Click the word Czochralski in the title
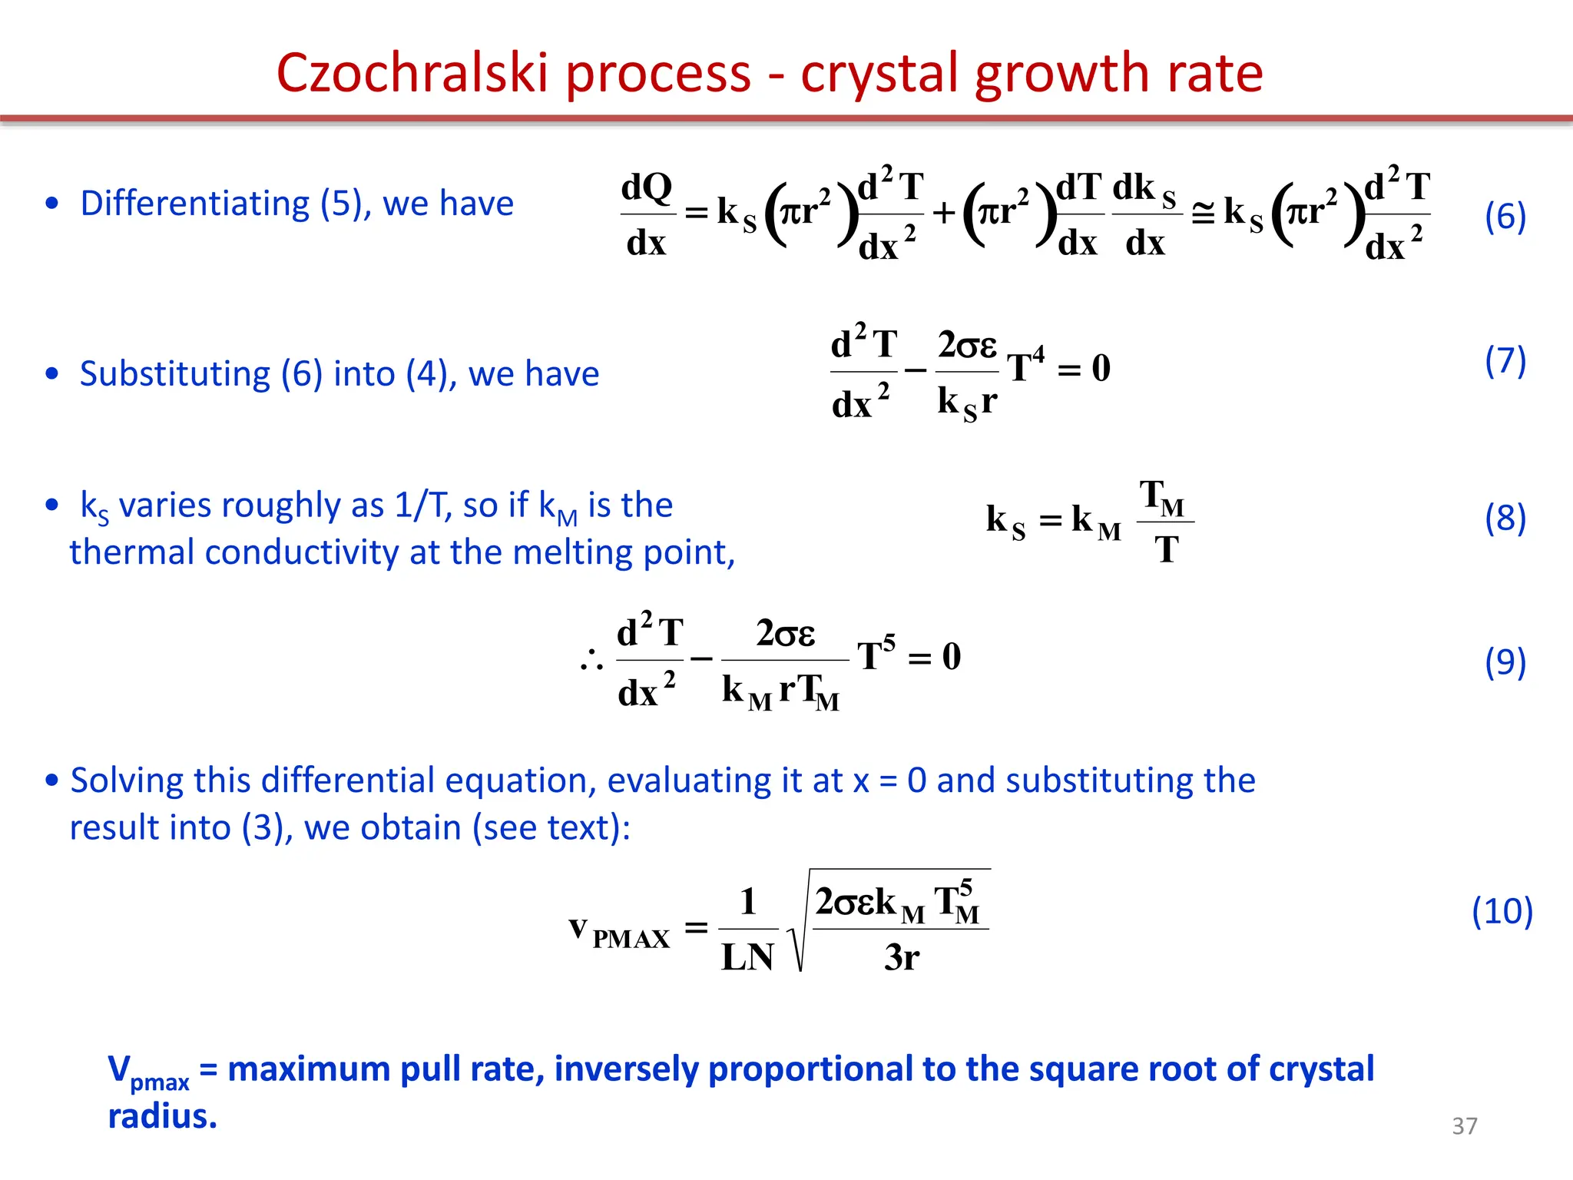tap(413, 74)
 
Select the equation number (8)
tap(1505, 518)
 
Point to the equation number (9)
tap(1505, 661)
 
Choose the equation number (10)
tap(1502, 911)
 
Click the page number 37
tap(1464, 1125)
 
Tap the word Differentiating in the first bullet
tap(194, 204)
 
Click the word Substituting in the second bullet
tap(175, 374)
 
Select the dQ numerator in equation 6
tap(647, 187)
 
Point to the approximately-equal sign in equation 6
tap(1202, 214)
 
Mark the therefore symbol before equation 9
tap(591, 659)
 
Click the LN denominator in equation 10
tap(747, 957)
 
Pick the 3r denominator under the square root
tap(901, 957)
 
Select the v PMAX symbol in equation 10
tap(619, 931)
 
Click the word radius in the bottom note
tap(161, 1116)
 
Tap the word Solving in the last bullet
tap(127, 781)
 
